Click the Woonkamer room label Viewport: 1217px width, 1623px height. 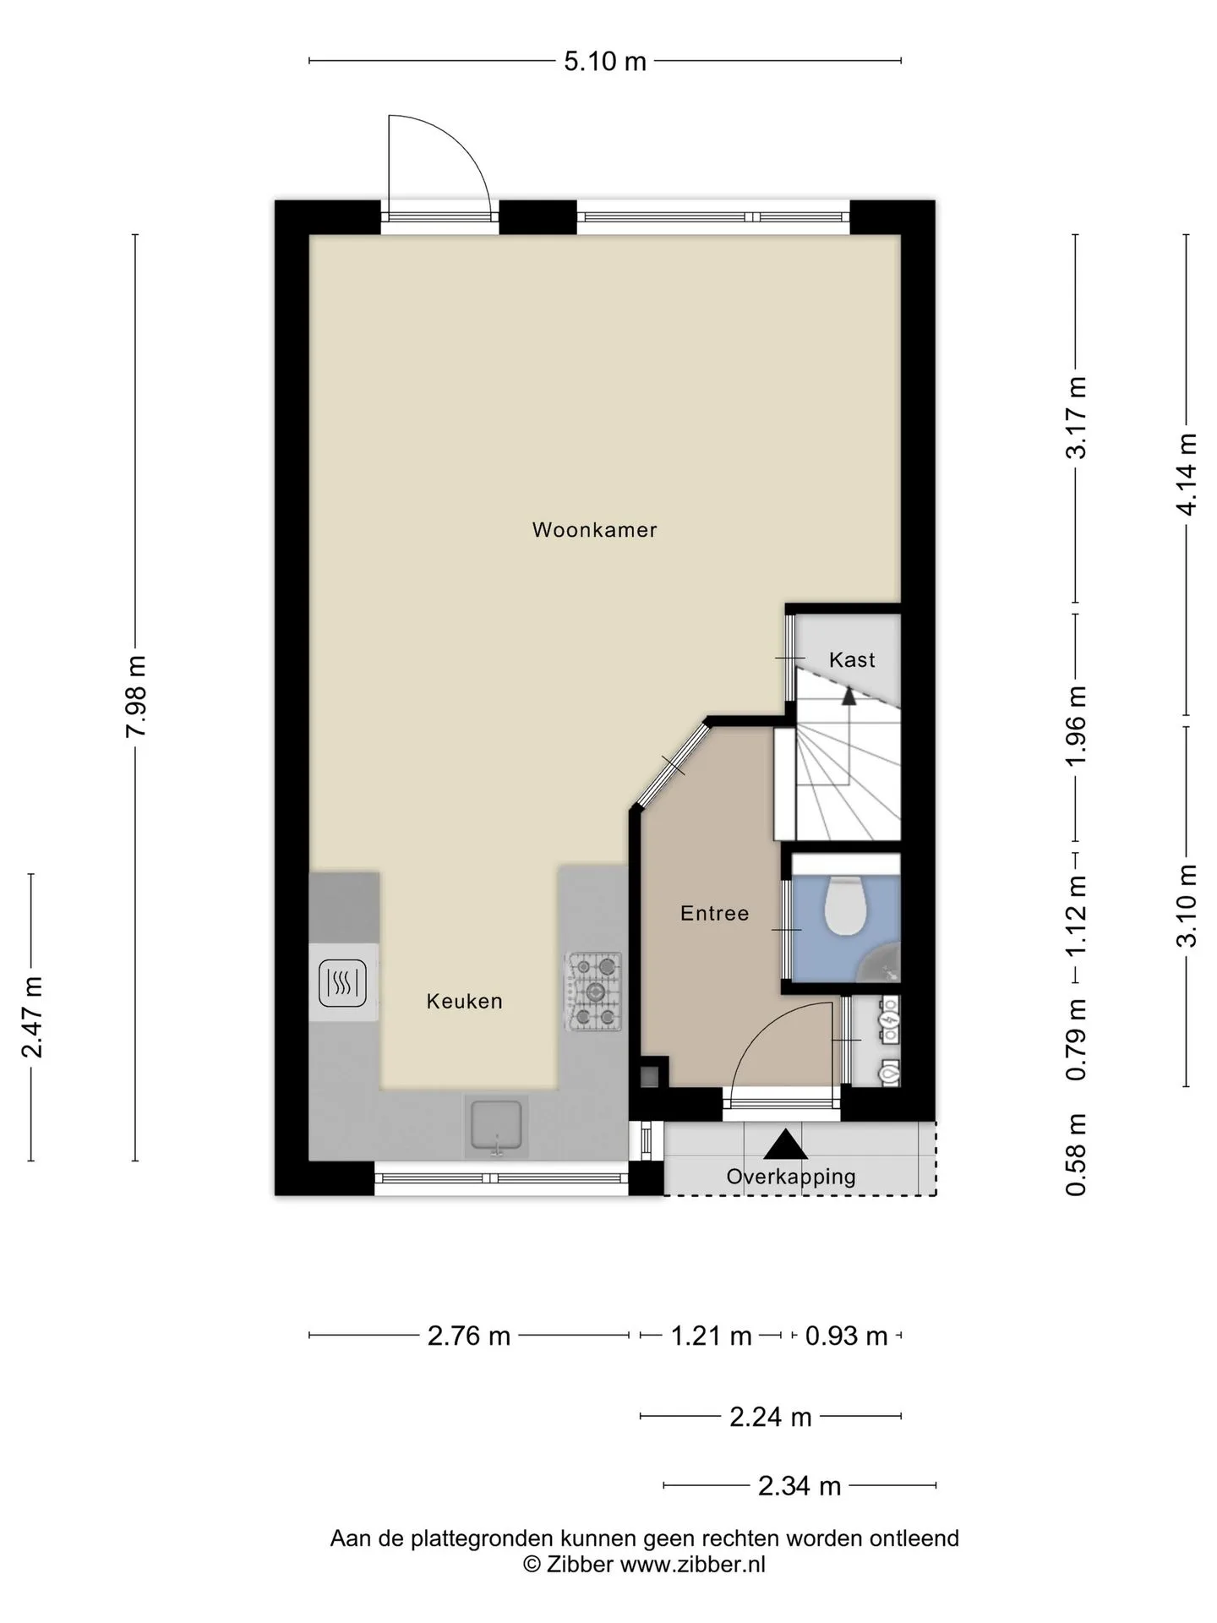[594, 530]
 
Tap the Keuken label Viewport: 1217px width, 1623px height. [464, 1002]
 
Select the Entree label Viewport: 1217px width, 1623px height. [714, 914]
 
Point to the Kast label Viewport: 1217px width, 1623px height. [852, 660]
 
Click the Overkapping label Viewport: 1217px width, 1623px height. [791, 1177]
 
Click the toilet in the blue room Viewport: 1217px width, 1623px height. [845, 905]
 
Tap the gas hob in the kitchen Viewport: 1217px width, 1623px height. [594, 992]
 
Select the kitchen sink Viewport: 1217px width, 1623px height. [496, 1128]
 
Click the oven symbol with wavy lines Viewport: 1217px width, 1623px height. [342, 983]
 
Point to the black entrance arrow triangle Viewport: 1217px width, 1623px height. [786, 1145]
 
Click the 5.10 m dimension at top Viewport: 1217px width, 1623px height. [605, 62]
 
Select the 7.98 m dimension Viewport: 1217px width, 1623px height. [136, 696]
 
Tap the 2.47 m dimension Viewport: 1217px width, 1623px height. [32, 1017]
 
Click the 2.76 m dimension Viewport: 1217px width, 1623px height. [469, 1336]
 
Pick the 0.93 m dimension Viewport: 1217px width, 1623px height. [846, 1336]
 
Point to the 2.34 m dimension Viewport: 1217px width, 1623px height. [800, 1486]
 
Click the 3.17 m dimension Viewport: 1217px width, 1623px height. [1076, 418]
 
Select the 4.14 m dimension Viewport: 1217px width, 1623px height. [1187, 474]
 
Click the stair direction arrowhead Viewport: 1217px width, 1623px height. [849, 696]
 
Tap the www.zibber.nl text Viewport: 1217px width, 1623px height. [693, 1565]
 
